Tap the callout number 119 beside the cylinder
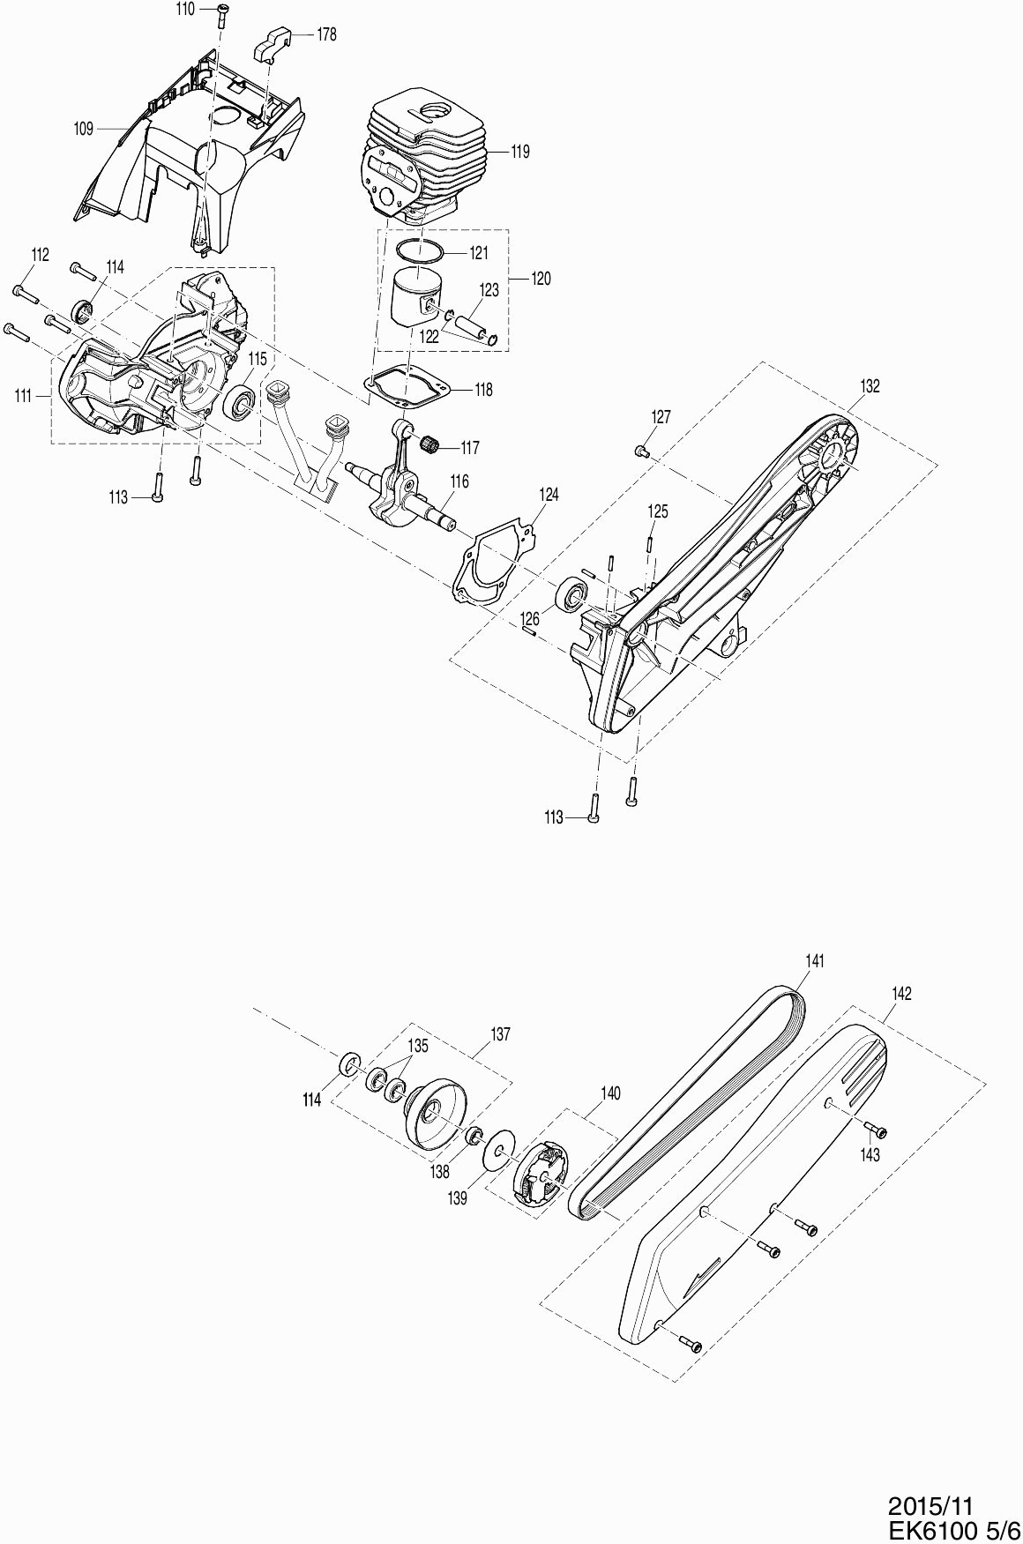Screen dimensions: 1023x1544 pyautogui.click(x=519, y=152)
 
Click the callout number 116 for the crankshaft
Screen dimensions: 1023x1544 pyautogui.click(x=459, y=482)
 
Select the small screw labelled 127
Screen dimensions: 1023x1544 pyautogui.click(x=640, y=451)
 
